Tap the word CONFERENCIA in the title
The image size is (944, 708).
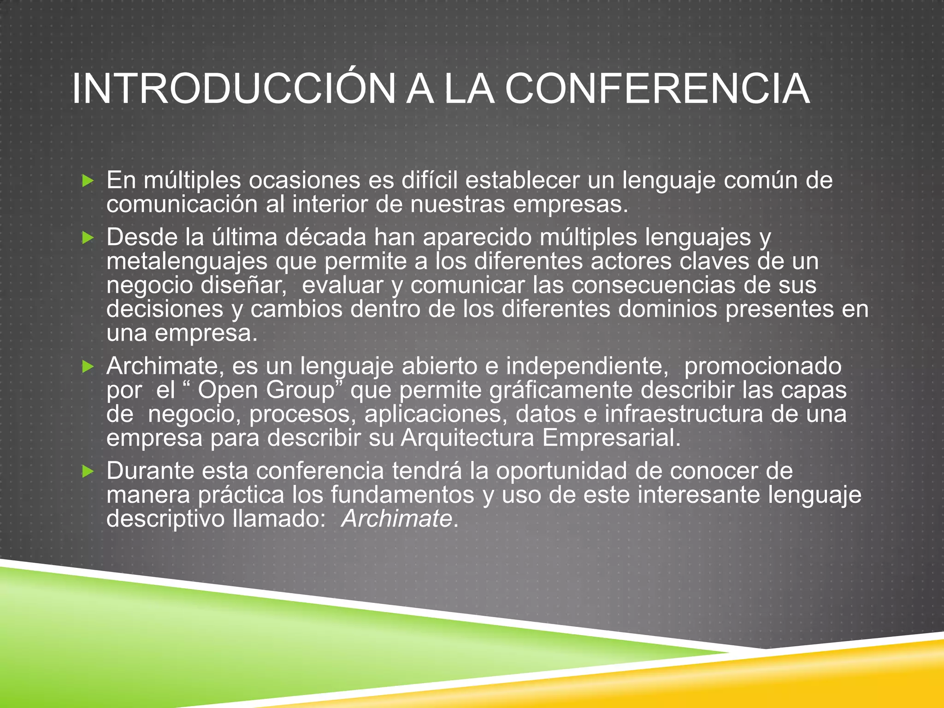(x=657, y=89)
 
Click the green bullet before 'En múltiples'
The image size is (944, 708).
(x=88, y=181)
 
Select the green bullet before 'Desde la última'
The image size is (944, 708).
(x=88, y=238)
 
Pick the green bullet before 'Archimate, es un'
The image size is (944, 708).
(x=88, y=367)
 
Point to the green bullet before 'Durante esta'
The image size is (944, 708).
(x=88, y=471)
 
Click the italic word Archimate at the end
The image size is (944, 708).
(x=397, y=519)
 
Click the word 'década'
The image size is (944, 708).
(x=325, y=237)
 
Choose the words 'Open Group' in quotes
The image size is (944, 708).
(x=266, y=390)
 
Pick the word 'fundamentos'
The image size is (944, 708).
(x=402, y=495)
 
